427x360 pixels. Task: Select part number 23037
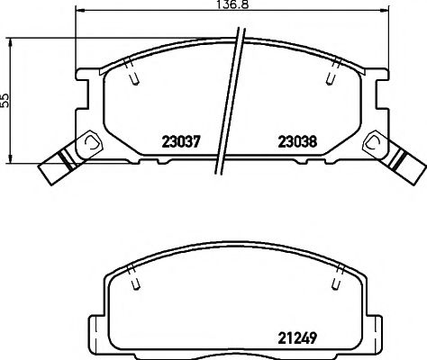tap(179, 141)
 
